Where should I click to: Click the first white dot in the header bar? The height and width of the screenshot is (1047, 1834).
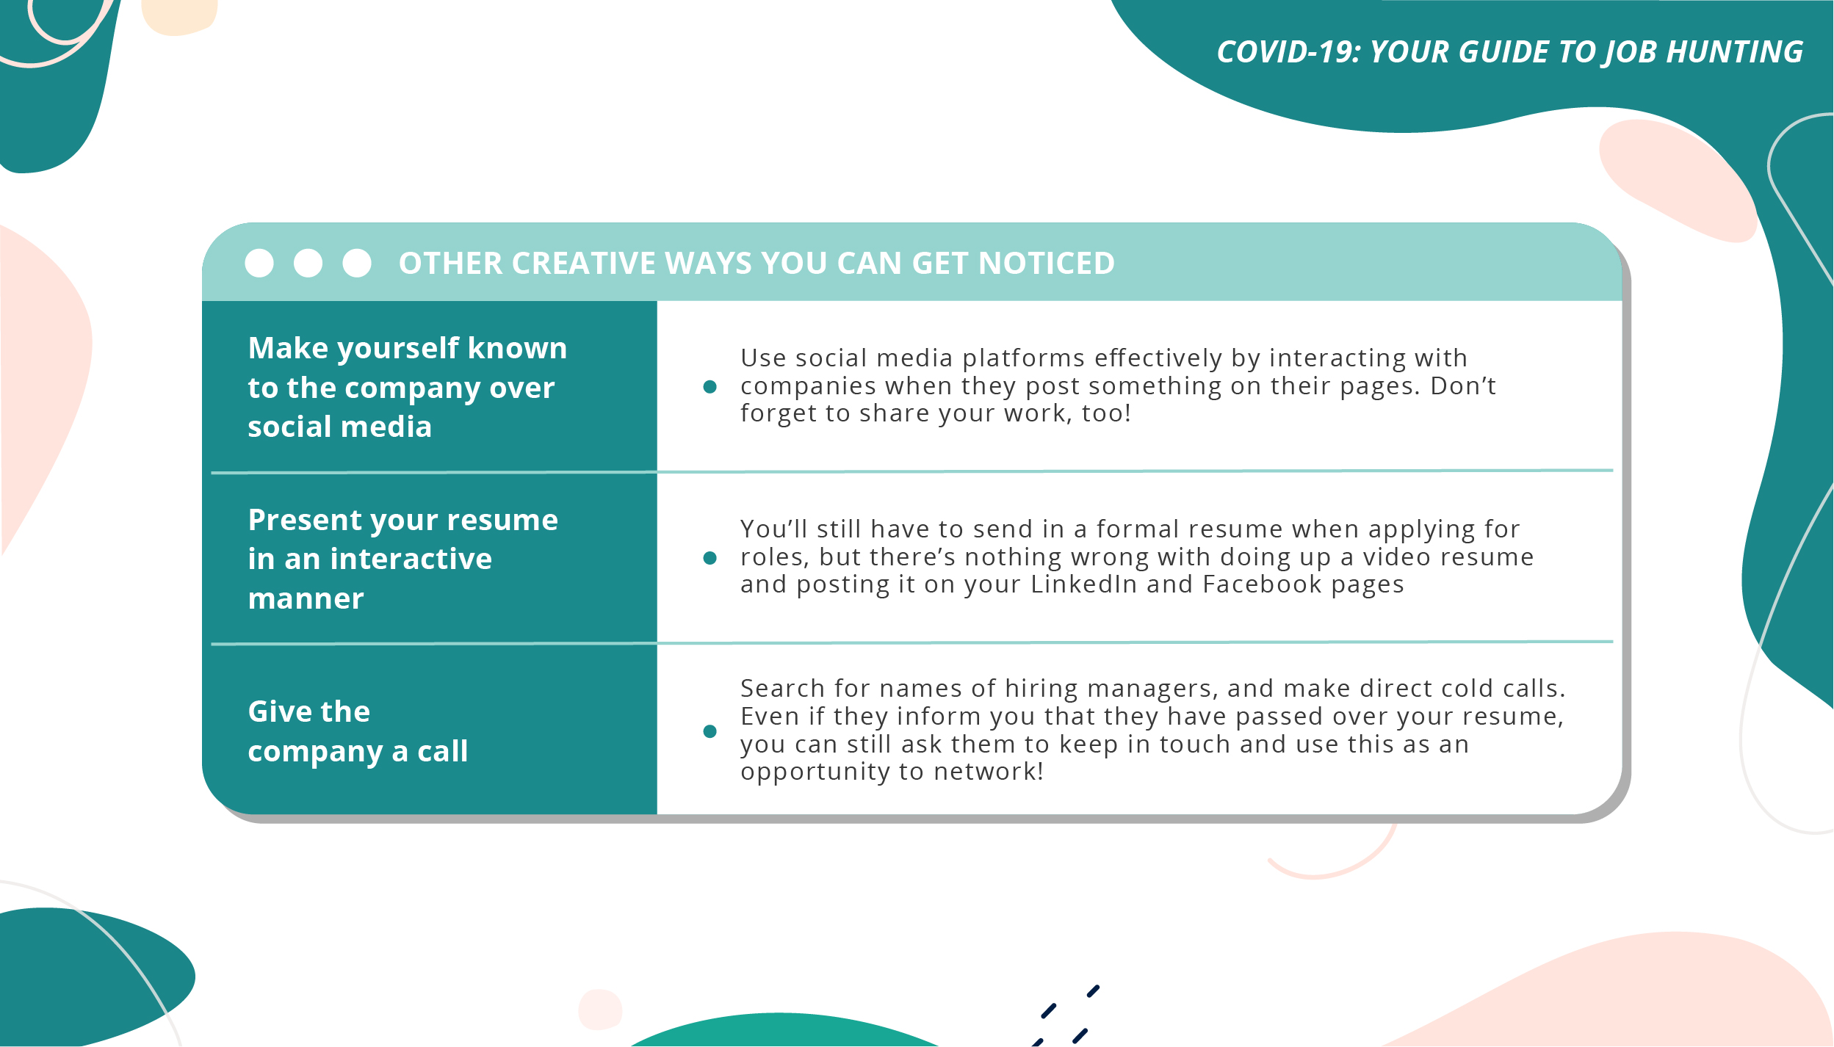(259, 263)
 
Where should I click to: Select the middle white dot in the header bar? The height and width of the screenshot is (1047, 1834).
(308, 263)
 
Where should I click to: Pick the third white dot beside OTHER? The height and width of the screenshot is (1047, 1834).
(357, 263)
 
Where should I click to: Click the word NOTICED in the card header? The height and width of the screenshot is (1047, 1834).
(1046, 264)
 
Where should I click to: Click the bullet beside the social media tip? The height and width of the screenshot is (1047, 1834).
(710, 387)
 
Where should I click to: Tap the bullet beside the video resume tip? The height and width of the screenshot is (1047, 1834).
(710, 558)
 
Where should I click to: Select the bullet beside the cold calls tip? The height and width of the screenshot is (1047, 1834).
(710, 731)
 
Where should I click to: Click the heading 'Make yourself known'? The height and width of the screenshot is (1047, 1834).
(408, 348)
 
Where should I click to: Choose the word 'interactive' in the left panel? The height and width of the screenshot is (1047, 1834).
(411, 559)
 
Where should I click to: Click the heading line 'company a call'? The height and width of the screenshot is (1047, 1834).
(358, 752)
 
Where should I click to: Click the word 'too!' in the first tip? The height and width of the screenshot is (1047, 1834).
(1106, 413)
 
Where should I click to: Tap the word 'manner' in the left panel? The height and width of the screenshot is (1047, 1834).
(306, 599)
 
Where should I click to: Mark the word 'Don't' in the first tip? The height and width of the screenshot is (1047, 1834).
(1463, 386)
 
